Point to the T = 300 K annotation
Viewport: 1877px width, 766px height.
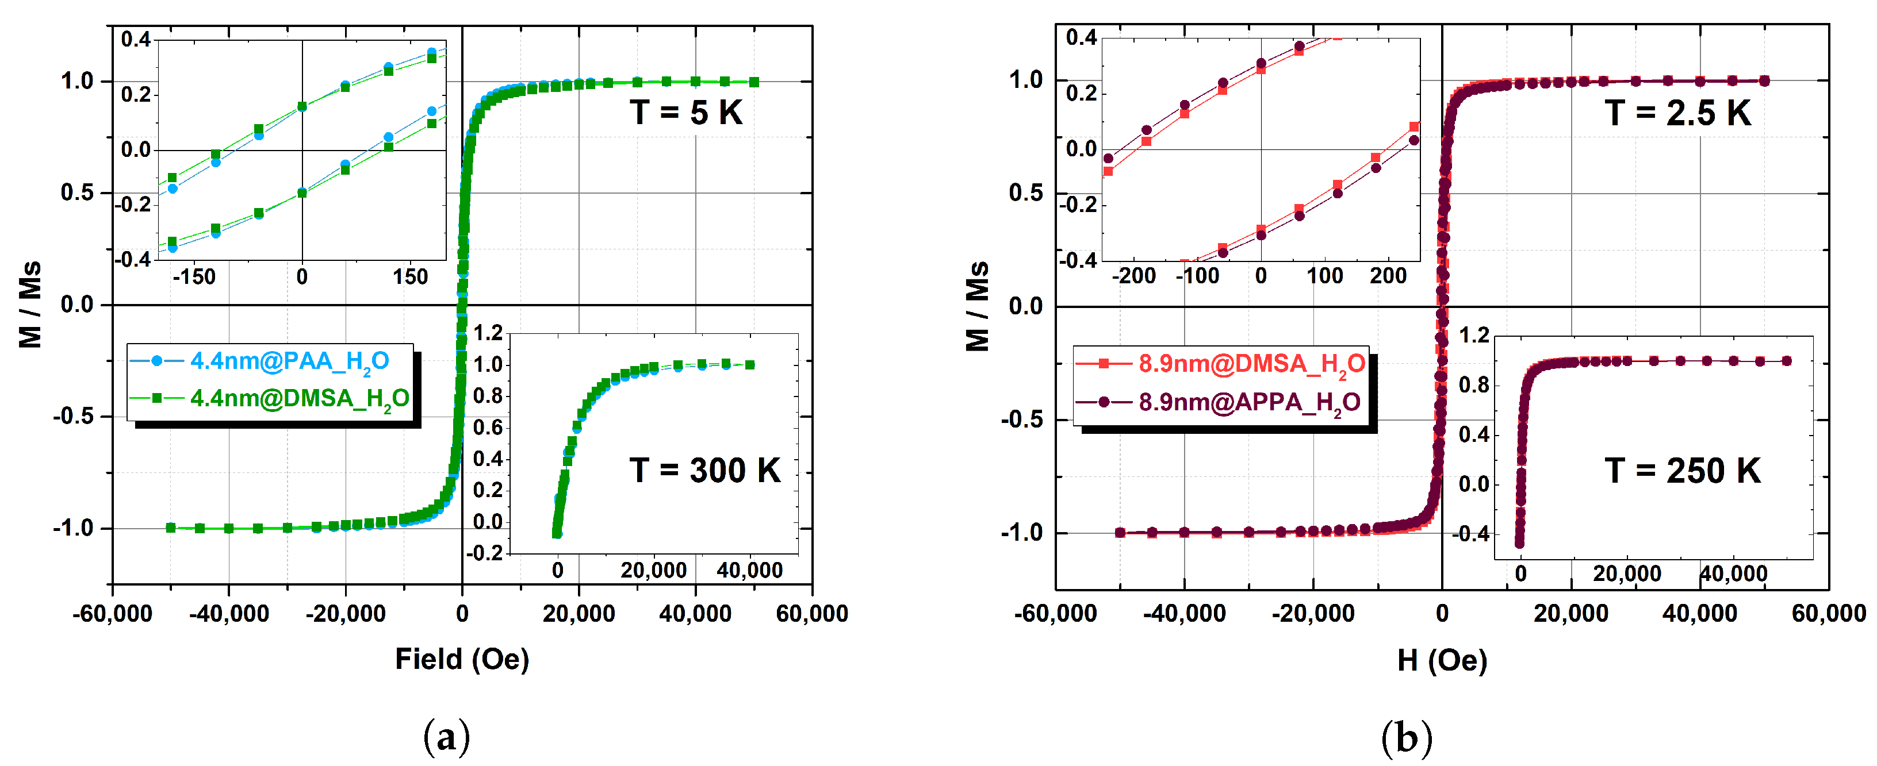click(704, 471)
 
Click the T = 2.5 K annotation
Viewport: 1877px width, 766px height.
click(1677, 113)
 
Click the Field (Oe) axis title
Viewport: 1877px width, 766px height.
click(462, 659)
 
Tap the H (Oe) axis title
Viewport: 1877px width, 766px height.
click(1441, 660)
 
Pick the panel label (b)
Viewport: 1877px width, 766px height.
click(1406, 738)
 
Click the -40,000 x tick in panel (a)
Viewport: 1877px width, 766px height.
click(229, 614)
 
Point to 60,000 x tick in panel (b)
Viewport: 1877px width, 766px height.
click(1828, 614)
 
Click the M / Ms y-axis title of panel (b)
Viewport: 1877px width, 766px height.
click(977, 306)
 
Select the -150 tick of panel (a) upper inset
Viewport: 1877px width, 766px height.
click(194, 278)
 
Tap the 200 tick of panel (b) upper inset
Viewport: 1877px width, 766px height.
click(1388, 276)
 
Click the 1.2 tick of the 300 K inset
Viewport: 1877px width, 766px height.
click(488, 333)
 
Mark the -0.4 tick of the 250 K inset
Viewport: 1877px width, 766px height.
click(1473, 534)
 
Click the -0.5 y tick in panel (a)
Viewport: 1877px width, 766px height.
click(73, 416)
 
